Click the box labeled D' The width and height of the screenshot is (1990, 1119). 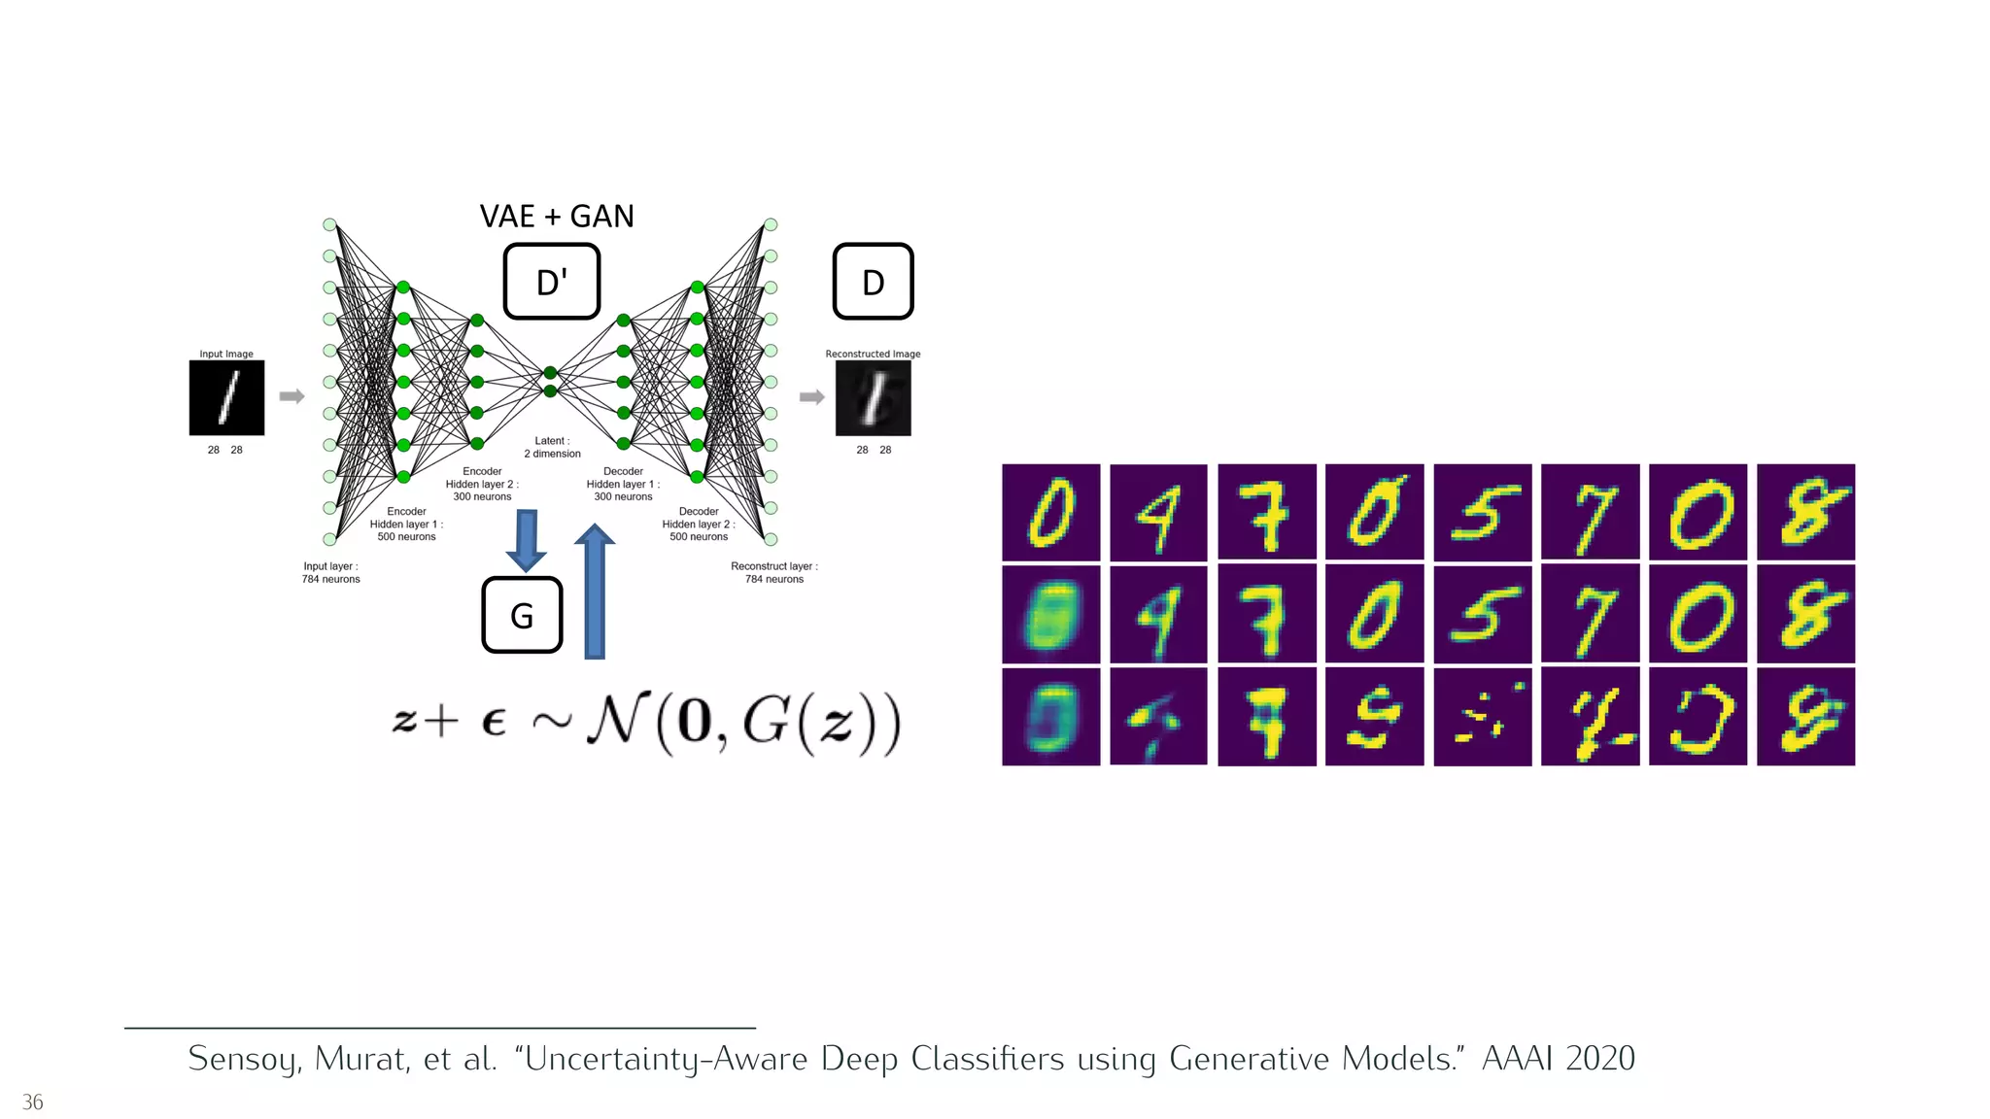click(551, 282)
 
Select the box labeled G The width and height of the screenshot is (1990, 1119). click(522, 615)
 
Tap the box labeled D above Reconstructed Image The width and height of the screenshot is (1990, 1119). click(873, 282)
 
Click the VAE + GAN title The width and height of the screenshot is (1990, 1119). click(557, 216)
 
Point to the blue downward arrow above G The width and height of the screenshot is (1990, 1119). click(526, 540)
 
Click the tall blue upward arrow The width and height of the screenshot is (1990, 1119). click(595, 593)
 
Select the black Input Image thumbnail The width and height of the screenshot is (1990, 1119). click(226, 397)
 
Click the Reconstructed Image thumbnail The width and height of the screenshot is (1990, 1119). click(873, 397)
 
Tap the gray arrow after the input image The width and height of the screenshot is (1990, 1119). click(292, 396)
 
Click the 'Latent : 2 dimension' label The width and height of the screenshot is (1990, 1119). click(552, 447)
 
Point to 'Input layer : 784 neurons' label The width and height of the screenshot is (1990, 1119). click(330, 572)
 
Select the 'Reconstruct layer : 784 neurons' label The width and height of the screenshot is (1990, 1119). click(774, 572)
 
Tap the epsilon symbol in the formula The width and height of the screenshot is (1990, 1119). click(494, 723)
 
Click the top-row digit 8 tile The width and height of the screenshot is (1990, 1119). click(1805, 512)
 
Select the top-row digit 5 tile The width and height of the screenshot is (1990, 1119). click(1482, 512)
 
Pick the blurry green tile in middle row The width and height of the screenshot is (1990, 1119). click(1050, 615)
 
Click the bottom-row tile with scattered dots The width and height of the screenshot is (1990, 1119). click(1482, 717)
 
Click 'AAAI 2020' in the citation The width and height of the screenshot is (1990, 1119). click(1558, 1058)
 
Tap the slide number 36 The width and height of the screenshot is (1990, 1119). click(33, 1102)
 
